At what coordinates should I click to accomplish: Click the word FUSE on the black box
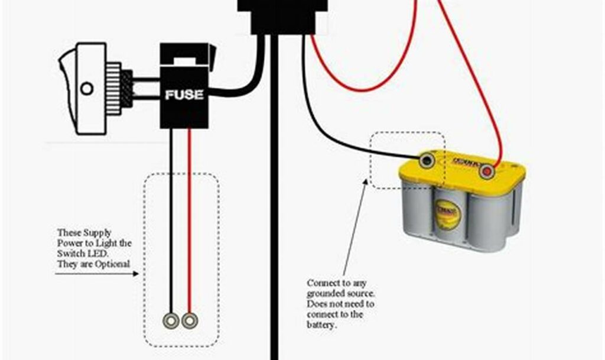coord(184,95)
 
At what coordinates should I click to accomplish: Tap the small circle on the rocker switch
coord(87,89)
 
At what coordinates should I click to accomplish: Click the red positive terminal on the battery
coord(487,171)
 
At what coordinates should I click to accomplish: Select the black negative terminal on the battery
coord(426,160)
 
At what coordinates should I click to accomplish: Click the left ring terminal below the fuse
coord(171,321)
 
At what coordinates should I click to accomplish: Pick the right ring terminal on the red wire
coord(189,321)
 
